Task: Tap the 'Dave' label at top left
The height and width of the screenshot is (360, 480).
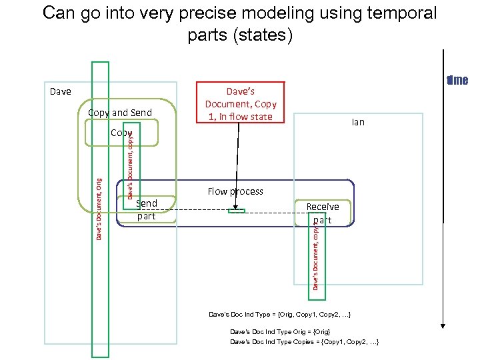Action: [61, 91]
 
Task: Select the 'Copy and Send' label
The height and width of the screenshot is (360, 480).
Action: [120, 112]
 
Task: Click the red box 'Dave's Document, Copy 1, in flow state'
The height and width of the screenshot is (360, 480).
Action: [241, 103]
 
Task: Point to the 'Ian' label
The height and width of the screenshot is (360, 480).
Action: [358, 122]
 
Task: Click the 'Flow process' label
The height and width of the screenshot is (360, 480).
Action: [235, 191]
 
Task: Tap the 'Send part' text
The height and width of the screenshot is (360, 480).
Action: [146, 209]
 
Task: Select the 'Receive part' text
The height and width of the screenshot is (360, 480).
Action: [323, 213]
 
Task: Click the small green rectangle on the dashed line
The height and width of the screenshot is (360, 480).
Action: [237, 211]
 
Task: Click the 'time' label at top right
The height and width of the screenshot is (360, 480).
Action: [458, 81]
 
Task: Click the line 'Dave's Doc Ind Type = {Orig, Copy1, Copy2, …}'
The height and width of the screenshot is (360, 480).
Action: [280, 313]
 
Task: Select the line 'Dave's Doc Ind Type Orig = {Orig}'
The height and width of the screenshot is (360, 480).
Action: [280, 331]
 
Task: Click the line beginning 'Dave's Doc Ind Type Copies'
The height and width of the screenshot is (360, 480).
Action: [305, 341]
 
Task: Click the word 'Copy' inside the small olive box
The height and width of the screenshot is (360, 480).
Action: [121, 133]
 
